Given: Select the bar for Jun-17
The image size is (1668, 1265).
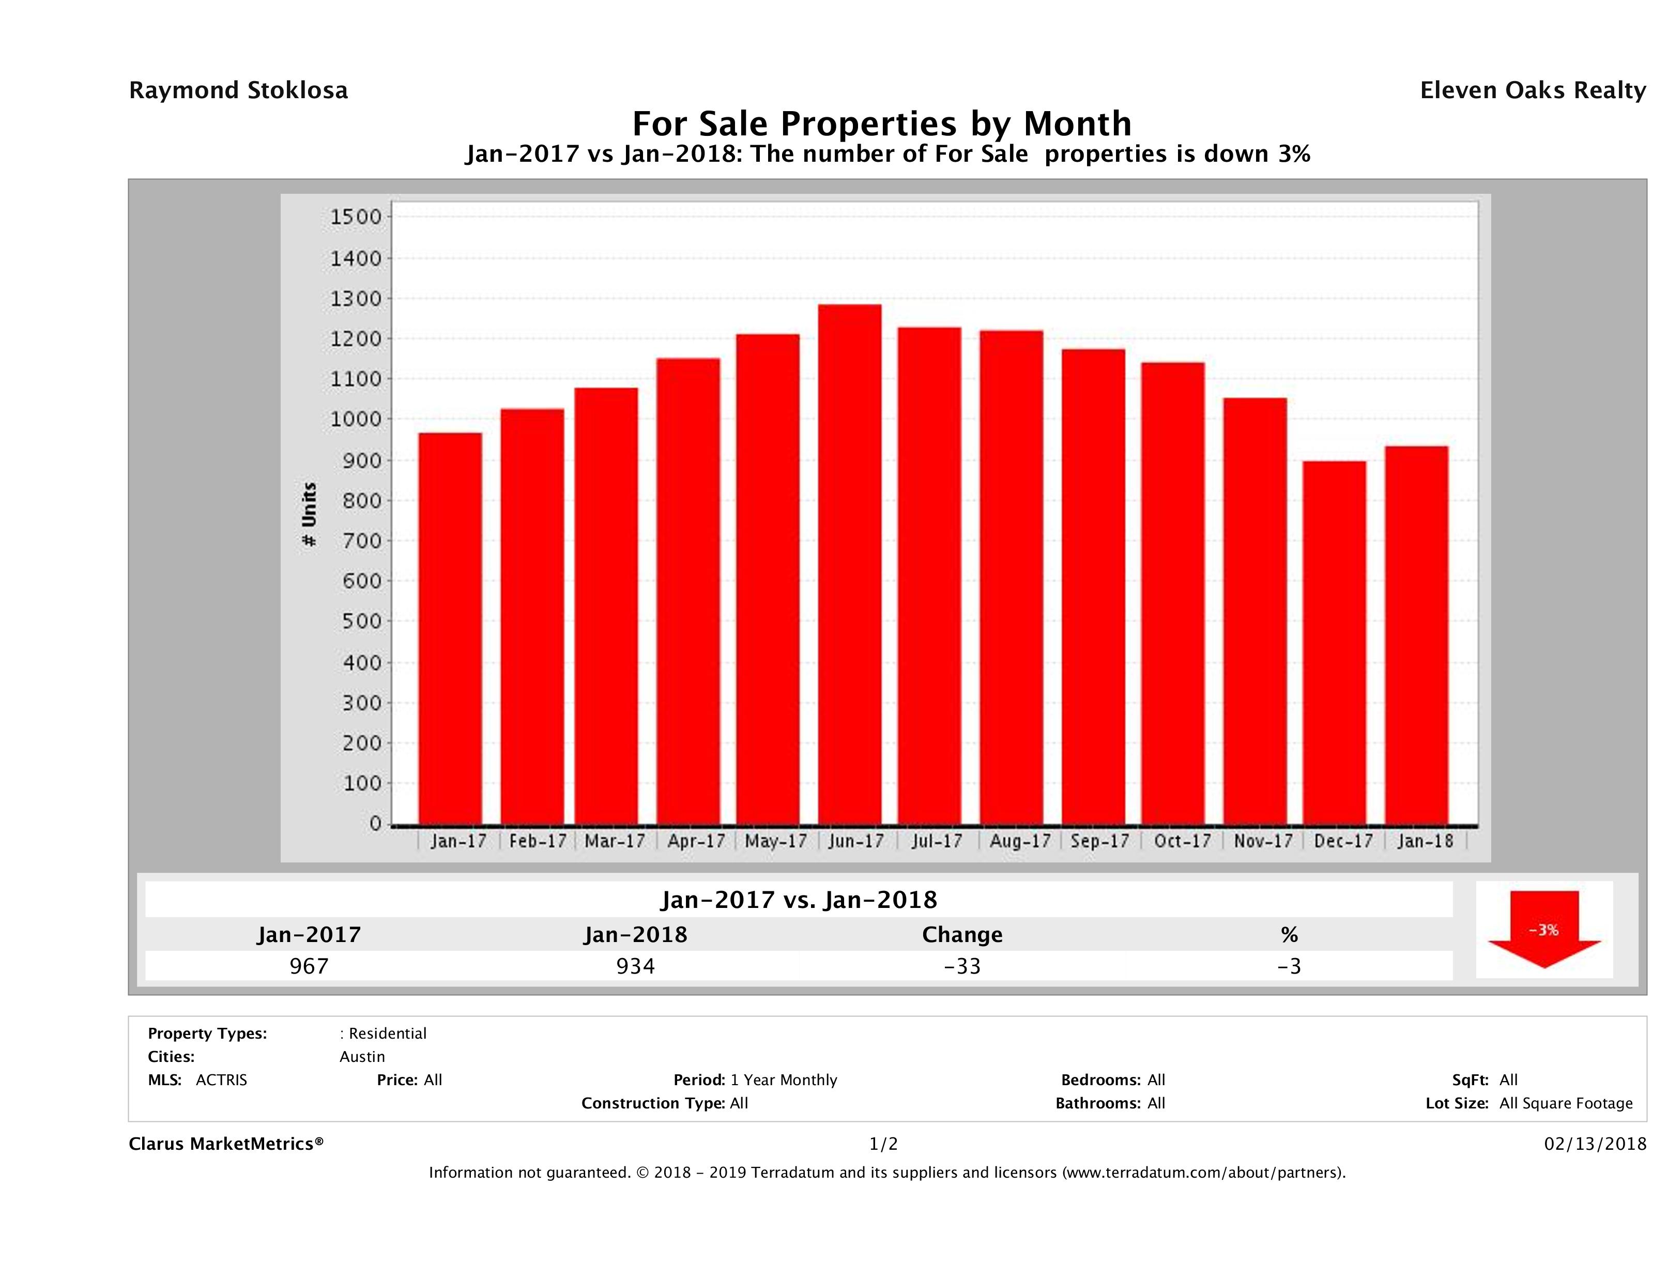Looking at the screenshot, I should click(x=849, y=565).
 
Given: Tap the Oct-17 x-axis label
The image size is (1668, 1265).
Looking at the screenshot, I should click(x=1182, y=841).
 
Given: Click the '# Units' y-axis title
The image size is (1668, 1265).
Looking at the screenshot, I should click(x=309, y=515).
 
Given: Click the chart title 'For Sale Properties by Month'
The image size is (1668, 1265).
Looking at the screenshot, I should click(x=881, y=123).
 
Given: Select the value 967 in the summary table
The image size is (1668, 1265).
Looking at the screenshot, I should click(x=309, y=966).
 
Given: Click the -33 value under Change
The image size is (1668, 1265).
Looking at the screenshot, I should click(x=962, y=966).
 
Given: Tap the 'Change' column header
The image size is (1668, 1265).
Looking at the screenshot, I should click(x=962, y=935).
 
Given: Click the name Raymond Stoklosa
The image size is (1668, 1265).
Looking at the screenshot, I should click(x=238, y=90).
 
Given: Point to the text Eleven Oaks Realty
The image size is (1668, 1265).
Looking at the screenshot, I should click(x=1532, y=90).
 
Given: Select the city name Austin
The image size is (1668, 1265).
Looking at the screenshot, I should click(x=362, y=1057).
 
